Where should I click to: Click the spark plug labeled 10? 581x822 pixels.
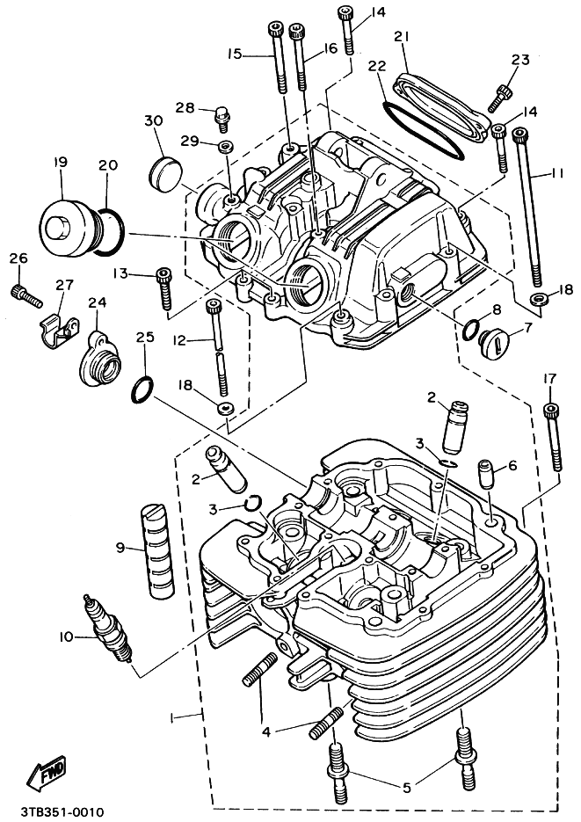pyautogui.click(x=108, y=628)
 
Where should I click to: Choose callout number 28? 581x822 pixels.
pyautogui.click(x=184, y=107)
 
